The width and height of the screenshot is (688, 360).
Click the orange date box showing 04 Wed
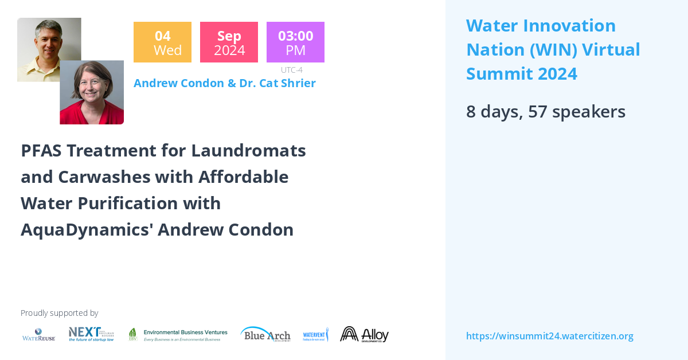pos(162,42)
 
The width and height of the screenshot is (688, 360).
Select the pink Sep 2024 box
pos(229,42)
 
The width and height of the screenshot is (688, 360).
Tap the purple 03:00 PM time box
pos(295,42)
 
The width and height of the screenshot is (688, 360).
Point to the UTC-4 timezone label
pos(291,70)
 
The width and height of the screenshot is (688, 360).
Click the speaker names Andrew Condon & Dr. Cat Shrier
pos(224,83)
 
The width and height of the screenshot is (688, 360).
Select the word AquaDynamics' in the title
pos(87,230)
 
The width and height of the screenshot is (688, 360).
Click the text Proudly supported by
pos(59,313)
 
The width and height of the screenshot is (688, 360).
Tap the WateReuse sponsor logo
pos(38,334)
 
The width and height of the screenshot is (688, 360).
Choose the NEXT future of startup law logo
pos(91,334)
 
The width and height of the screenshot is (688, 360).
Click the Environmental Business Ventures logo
pos(178,335)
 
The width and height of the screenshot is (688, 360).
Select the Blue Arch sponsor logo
pos(265,334)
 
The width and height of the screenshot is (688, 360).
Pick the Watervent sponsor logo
pos(315,335)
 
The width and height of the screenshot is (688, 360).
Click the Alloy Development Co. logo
pos(364,334)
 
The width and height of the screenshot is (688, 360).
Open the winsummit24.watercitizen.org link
pos(549,336)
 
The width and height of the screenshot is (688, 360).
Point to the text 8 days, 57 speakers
pos(545,111)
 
